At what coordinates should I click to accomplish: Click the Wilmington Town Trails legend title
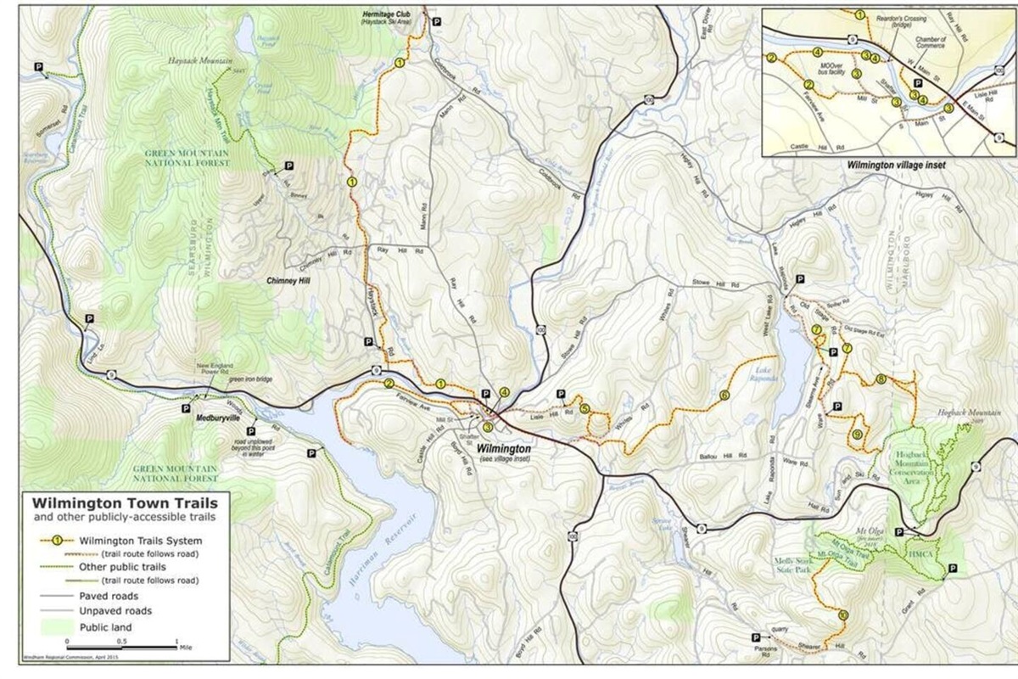click(x=115, y=502)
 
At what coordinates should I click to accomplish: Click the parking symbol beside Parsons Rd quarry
click(x=755, y=637)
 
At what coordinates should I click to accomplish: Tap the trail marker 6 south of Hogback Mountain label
click(x=882, y=379)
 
